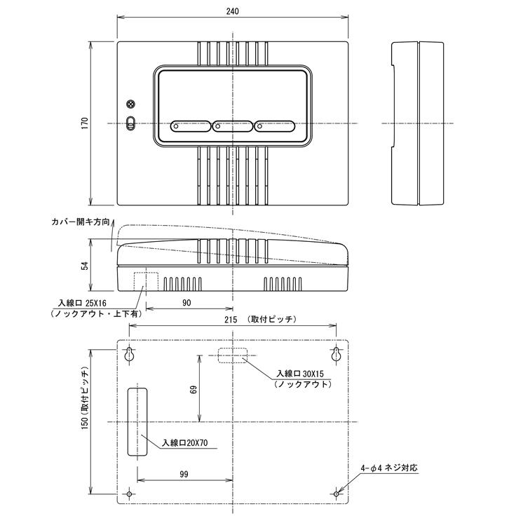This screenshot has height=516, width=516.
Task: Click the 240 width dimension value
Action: tap(233, 11)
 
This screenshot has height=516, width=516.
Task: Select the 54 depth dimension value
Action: tap(85, 266)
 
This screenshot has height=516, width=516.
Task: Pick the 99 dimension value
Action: tap(183, 475)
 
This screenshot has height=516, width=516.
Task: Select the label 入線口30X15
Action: tap(301, 374)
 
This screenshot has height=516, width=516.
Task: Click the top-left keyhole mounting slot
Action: tap(129, 355)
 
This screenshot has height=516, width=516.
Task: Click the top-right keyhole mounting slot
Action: tap(337, 355)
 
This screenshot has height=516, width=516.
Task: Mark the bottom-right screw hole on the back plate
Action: tap(337, 494)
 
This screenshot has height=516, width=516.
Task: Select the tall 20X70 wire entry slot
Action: tap(137, 421)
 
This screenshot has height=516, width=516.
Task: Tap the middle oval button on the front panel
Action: tap(232, 127)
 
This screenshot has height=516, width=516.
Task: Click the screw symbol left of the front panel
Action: tap(130, 104)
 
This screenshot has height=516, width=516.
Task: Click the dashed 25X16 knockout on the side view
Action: tap(149, 280)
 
